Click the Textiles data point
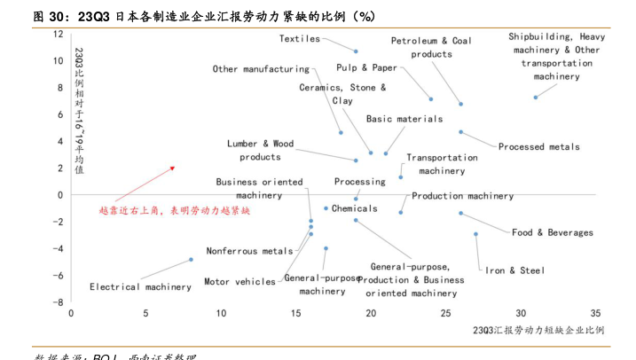[x=356, y=51]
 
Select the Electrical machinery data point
[x=191, y=260]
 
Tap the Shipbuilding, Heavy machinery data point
[x=536, y=98]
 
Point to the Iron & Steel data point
[x=475, y=234]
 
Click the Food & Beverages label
[x=552, y=232]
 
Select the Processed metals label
[x=538, y=146]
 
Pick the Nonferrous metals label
[x=249, y=251]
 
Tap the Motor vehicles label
[x=239, y=282]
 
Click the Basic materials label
[x=404, y=118]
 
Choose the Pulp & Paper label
[x=366, y=67]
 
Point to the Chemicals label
[x=355, y=208]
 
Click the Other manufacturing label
[x=261, y=68]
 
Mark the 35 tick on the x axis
[x=595, y=313]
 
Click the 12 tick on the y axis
[x=59, y=34]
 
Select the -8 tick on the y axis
[x=58, y=302]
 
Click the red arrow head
[x=172, y=168]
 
